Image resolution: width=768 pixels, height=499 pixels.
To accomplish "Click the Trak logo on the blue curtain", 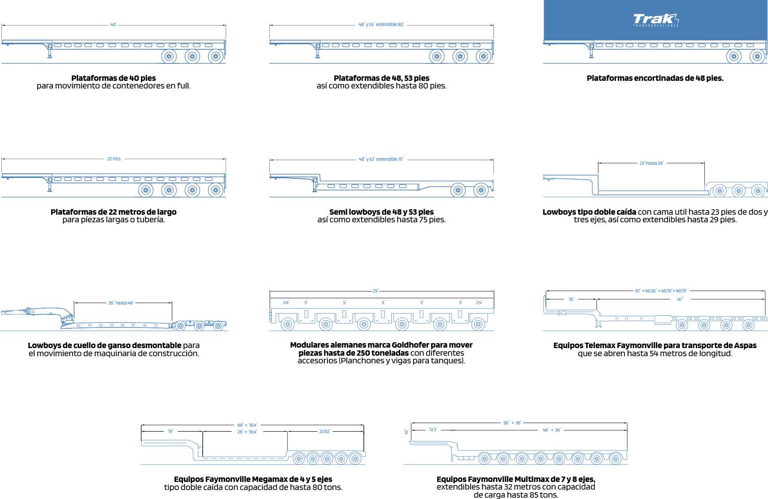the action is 655,20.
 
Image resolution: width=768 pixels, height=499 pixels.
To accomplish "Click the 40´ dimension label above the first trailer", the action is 113,25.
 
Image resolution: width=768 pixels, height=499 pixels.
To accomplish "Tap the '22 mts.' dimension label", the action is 114,159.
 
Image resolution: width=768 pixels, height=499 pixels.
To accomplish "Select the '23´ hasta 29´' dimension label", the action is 651,163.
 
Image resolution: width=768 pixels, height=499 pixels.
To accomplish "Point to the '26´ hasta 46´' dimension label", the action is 121,303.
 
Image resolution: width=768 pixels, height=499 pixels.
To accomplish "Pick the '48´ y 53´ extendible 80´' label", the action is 382,24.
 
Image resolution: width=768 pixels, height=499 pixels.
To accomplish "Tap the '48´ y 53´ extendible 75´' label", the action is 381,159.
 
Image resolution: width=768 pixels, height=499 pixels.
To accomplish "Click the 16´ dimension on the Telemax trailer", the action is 571,299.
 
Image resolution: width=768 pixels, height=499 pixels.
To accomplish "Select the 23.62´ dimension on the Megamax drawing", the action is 325,431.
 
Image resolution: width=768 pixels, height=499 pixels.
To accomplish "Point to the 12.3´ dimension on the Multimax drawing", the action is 433,430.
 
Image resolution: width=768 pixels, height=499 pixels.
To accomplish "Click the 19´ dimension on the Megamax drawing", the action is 171,431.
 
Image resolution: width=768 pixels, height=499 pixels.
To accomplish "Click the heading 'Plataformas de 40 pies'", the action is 113,78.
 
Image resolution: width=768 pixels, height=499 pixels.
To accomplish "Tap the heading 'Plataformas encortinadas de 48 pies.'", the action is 655,78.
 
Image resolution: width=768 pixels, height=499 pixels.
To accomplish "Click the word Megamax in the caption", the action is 266,479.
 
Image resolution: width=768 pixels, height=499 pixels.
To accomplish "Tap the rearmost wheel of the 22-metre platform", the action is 216,190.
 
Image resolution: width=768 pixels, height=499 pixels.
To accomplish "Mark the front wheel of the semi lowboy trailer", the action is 458,190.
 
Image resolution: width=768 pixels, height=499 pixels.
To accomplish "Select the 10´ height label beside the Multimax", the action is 406,432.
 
